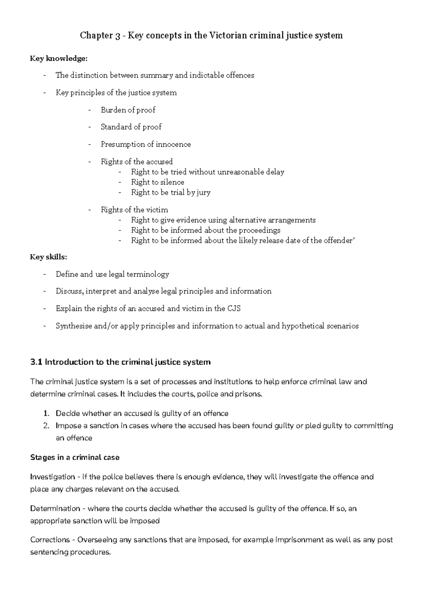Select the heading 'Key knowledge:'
(59, 59)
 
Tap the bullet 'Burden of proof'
(128, 110)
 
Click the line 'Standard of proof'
(131, 127)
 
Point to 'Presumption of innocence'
(146, 144)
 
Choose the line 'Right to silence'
(158, 182)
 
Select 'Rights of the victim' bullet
(134, 210)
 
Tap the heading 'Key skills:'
(48, 257)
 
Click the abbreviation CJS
(234, 309)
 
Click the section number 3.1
(36, 362)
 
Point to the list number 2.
(46, 426)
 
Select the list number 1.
(46, 413)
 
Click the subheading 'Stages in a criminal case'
(75, 458)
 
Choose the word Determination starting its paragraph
(55, 509)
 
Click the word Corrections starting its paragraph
(50, 540)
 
